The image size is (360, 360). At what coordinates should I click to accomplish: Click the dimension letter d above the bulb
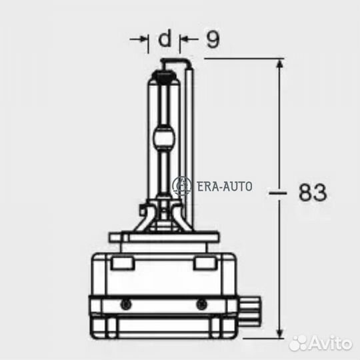[164, 39]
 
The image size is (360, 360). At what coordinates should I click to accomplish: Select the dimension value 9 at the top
[212, 40]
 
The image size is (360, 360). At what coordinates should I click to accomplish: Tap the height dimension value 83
[312, 193]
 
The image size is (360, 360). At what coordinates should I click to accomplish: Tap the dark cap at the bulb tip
[163, 66]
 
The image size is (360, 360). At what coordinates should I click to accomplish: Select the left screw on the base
[125, 303]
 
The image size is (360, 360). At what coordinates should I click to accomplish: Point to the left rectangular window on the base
[121, 264]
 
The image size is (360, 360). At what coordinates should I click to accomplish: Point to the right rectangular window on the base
[203, 264]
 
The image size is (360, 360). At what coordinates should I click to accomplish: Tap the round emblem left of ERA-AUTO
[181, 186]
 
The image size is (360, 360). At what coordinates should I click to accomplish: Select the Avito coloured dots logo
[299, 342]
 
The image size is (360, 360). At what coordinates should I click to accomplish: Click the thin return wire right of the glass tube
[191, 147]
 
